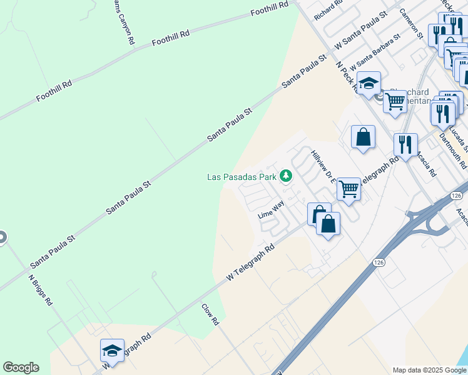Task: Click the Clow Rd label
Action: [210, 314]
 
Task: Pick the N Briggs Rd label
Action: [41, 291]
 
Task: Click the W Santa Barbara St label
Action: [375, 52]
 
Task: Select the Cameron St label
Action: [411, 24]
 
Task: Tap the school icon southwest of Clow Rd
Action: [112, 350]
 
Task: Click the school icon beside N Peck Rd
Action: [369, 83]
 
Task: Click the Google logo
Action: [21, 367]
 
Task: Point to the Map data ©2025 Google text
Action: [429, 370]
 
